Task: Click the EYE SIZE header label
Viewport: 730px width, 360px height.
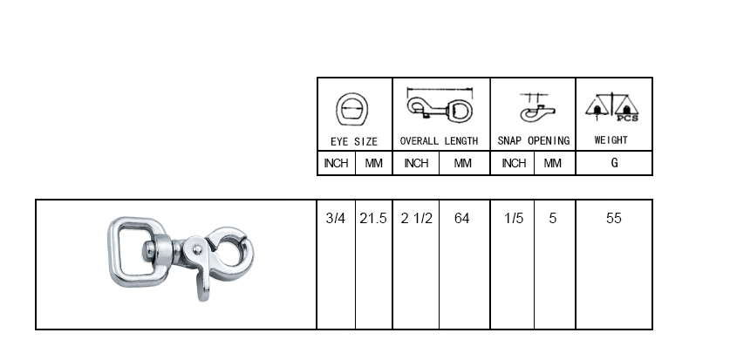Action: (354, 141)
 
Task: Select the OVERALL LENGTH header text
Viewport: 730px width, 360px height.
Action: (439, 141)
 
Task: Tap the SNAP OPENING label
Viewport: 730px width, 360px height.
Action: (534, 141)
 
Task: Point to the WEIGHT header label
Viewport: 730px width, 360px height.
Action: (611, 140)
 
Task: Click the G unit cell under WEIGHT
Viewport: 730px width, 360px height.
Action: (614, 163)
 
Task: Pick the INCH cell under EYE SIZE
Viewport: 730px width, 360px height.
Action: (336, 163)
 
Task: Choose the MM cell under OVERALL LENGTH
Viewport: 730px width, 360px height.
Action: (462, 163)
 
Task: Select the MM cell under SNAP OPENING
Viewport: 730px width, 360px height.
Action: (553, 163)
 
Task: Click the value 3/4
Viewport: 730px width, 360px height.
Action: (336, 218)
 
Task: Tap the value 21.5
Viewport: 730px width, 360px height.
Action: (373, 218)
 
